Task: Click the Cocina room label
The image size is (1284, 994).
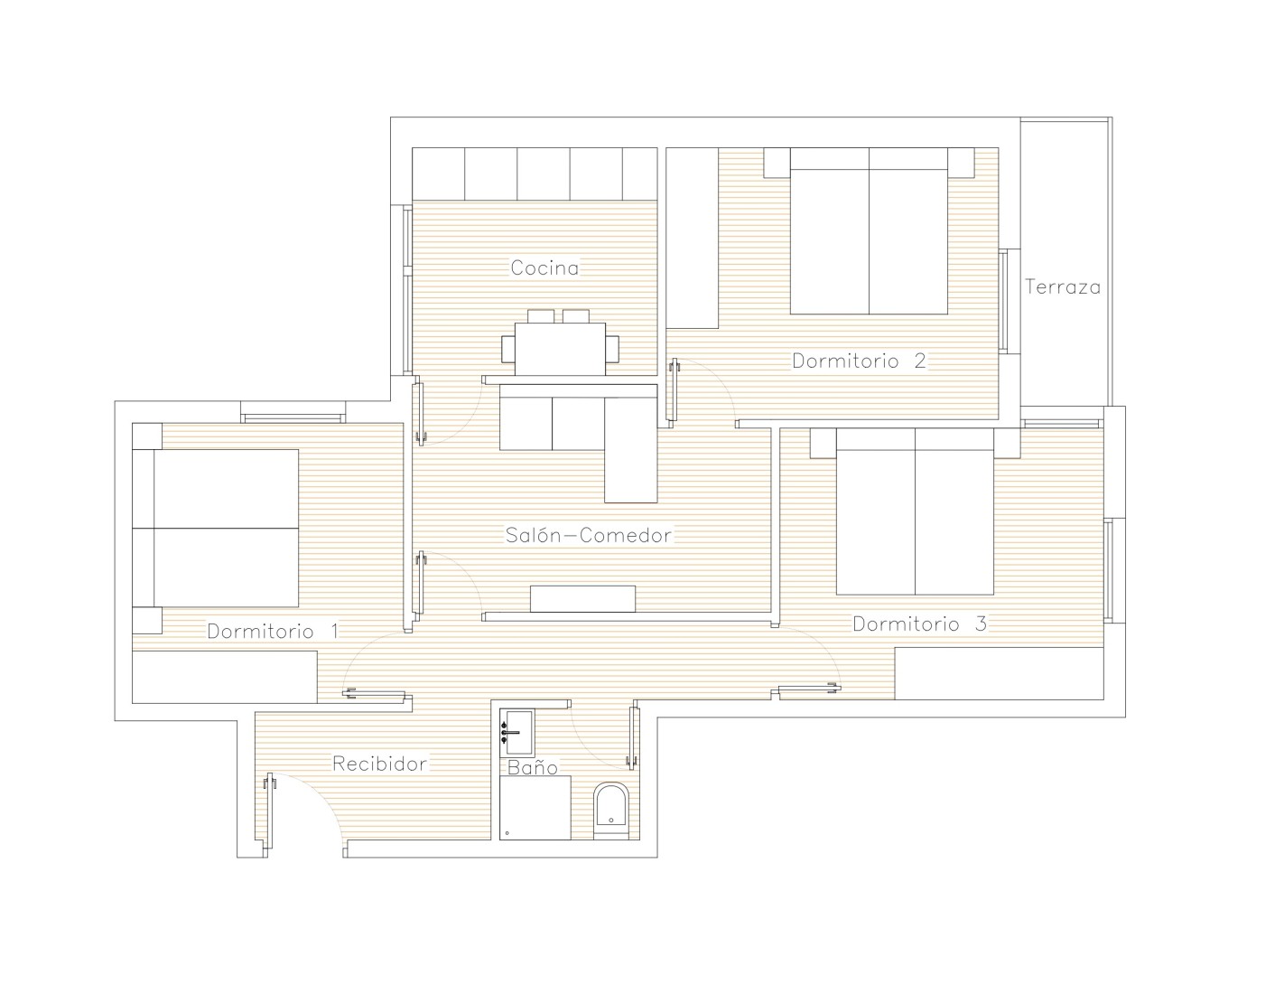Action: (x=544, y=267)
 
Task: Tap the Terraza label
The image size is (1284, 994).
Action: (x=1063, y=286)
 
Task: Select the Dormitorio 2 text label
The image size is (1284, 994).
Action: (x=859, y=361)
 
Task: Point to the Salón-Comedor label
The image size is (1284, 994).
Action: (x=589, y=535)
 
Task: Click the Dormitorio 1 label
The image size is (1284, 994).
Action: (x=273, y=631)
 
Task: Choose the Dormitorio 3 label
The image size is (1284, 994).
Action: (x=919, y=624)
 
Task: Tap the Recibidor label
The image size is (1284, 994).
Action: (x=379, y=764)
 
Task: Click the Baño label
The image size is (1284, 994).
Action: (x=533, y=767)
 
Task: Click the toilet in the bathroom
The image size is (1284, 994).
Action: (x=611, y=811)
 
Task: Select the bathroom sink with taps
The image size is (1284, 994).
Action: (x=517, y=733)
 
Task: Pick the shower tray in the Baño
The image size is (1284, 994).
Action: (x=535, y=808)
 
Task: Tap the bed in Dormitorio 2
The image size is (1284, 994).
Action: (x=869, y=230)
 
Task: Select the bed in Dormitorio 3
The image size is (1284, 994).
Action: (x=915, y=511)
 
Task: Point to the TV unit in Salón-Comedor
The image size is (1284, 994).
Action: (x=582, y=599)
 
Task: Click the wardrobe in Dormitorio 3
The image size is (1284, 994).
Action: (x=1000, y=673)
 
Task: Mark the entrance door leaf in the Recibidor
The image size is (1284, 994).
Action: (x=269, y=814)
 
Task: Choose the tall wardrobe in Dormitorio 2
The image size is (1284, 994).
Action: (x=692, y=238)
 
